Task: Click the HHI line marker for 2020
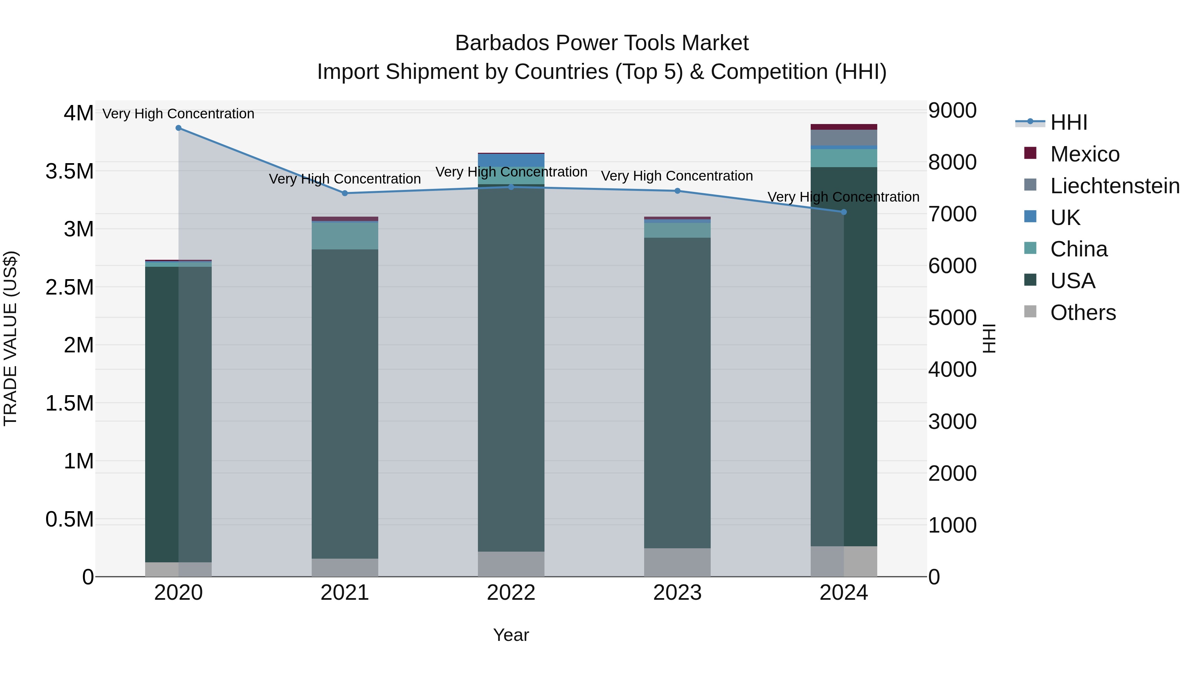[x=179, y=128]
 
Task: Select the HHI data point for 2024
[x=844, y=212]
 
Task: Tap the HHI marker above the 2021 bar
[x=345, y=193]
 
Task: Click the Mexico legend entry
[x=1084, y=154]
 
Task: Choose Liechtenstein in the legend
[x=1115, y=186]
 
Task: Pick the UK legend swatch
[x=1030, y=216]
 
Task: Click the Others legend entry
[x=1083, y=313]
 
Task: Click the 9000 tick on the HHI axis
[x=952, y=111]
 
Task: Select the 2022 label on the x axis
[x=511, y=593]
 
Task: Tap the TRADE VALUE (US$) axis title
[x=10, y=338]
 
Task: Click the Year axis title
[x=511, y=635]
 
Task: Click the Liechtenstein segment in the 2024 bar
[x=844, y=138]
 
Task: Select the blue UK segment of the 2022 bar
[x=511, y=160]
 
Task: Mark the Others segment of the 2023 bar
[x=677, y=563]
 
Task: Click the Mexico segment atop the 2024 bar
[x=844, y=127]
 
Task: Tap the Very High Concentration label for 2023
[x=677, y=176]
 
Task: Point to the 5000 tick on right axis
[x=952, y=318]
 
